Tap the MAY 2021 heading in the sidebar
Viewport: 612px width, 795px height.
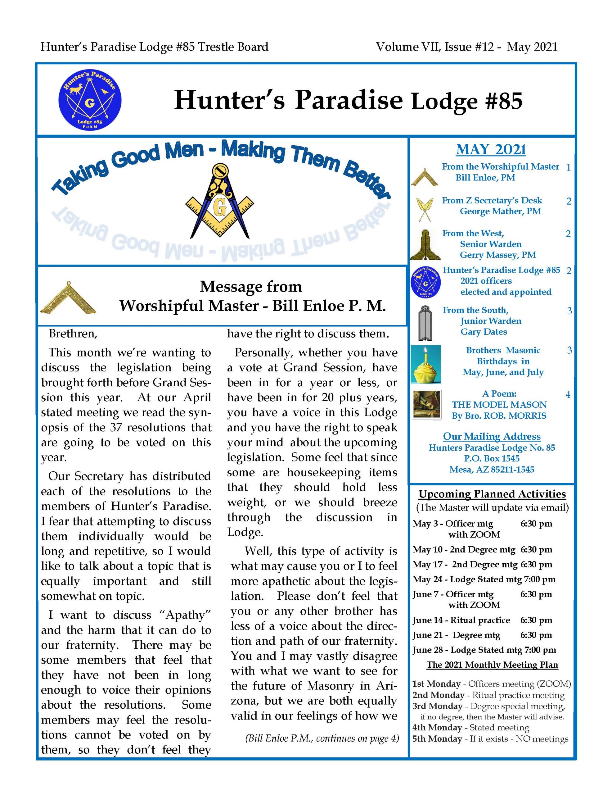click(x=491, y=150)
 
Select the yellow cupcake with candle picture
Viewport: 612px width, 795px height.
click(x=426, y=364)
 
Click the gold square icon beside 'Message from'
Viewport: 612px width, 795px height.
click(x=68, y=298)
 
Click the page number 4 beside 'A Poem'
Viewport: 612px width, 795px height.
click(x=568, y=395)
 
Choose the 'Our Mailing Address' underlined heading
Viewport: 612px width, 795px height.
click(x=492, y=436)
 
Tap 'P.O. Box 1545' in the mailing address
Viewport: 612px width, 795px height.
click(x=492, y=458)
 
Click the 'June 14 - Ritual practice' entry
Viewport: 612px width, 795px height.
click(x=461, y=620)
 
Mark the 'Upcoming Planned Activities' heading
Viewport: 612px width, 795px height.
click(x=492, y=494)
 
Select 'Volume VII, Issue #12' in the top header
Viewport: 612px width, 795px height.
click(x=435, y=47)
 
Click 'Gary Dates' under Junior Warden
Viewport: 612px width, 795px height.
click(x=484, y=332)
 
